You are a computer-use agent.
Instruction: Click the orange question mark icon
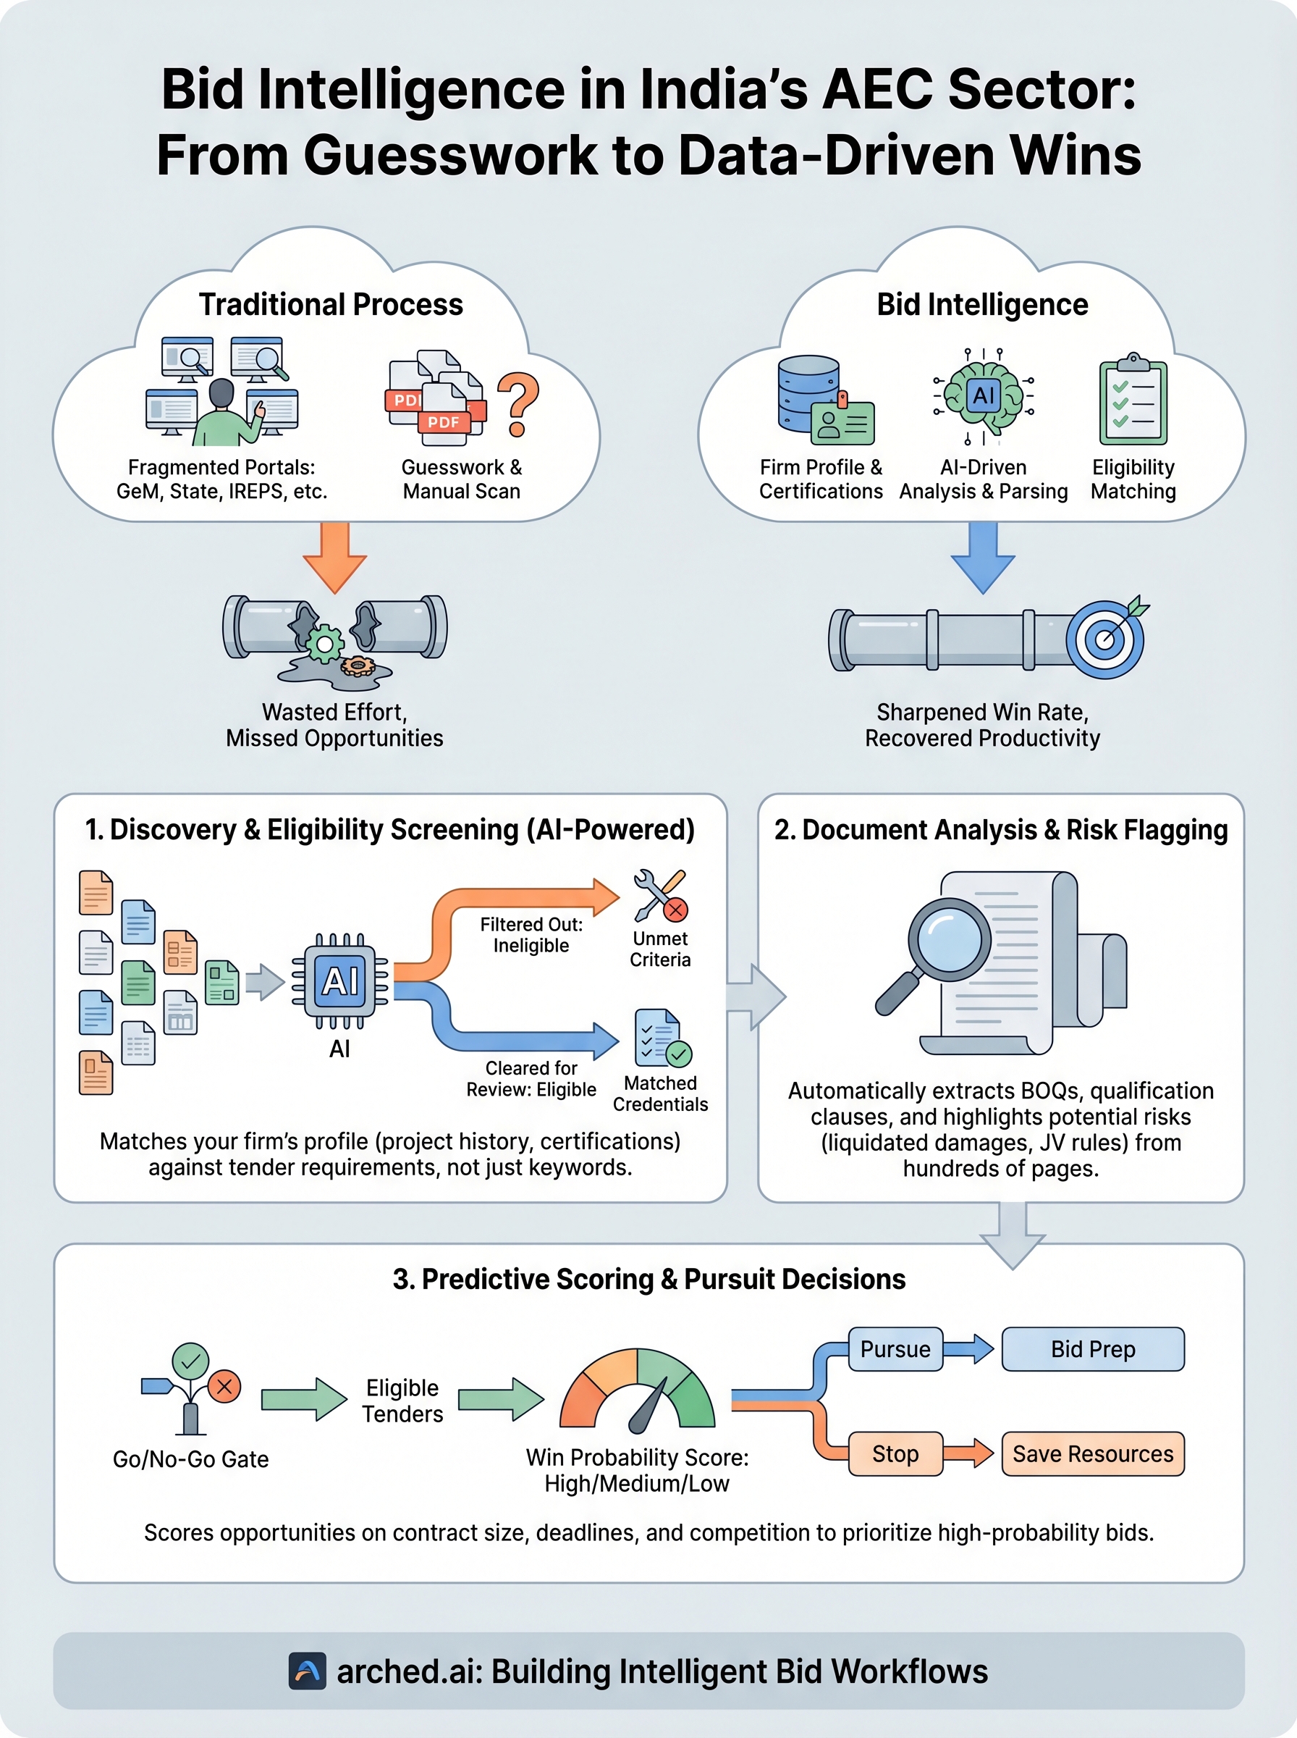(x=518, y=403)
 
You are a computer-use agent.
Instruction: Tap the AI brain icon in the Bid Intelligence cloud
(x=983, y=395)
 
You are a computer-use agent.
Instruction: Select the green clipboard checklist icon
(x=1132, y=400)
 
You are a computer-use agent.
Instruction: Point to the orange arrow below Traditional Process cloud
(x=334, y=557)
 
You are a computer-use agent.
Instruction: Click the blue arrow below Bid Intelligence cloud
(x=982, y=557)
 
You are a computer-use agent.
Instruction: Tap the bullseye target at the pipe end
(x=1104, y=639)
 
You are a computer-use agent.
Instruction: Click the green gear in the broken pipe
(x=324, y=644)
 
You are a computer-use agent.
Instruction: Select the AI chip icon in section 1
(x=340, y=981)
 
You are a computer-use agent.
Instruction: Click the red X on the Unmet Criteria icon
(x=675, y=910)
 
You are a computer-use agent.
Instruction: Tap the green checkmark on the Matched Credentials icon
(x=679, y=1053)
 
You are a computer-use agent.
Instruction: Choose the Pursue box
(x=895, y=1349)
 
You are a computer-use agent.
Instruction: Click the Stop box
(x=895, y=1453)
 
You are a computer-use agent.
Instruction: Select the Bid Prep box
(x=1092, y=1349)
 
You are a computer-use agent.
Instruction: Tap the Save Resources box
(x=1092, y=1453)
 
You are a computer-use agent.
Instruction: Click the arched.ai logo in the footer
(x=307, y=1671)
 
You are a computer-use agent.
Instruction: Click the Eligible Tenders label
(x=402, y=1401)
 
